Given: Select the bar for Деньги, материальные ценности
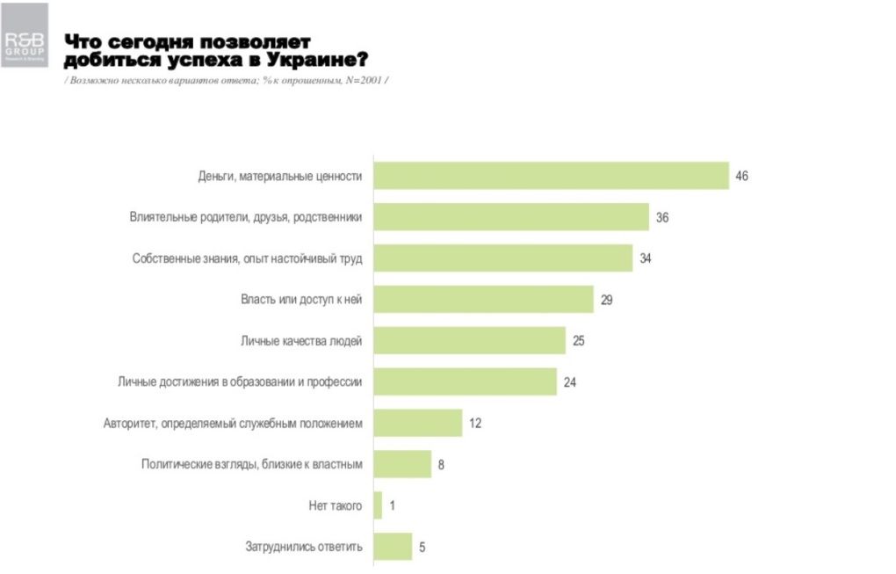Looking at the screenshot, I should [x=551, y=176].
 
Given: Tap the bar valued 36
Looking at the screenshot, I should [x=511, y=216].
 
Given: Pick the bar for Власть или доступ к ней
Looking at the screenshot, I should [x=483, y=300].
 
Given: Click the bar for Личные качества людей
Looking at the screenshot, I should [x=469, y=340].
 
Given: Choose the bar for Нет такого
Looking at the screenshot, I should [x=378, y=505].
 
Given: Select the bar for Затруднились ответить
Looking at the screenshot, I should [x=393, y=547].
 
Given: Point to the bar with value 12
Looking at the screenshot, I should [x=417, y=423].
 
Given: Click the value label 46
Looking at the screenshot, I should [x=741, y=176].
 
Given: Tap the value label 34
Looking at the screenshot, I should [x=646, y=258].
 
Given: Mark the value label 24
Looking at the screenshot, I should [x=569, y=381].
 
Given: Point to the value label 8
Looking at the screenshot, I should [x=441, y=464].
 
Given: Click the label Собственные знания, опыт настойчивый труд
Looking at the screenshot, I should [x=247, y=258].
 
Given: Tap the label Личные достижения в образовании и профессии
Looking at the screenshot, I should [x=240, y=381].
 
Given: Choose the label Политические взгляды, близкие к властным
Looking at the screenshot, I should [x=251, y=464].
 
